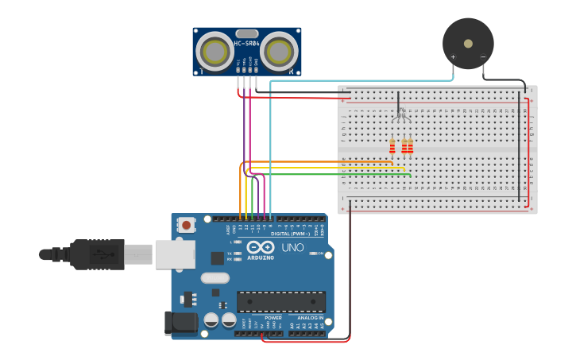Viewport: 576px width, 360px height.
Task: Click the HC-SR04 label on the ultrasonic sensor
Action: (246, 43)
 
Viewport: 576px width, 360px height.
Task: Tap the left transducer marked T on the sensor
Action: (215, 52)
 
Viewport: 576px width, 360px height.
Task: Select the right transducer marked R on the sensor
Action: (279, 52)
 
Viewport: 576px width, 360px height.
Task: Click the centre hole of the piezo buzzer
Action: (468, 43)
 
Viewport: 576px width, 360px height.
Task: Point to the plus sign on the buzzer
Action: (453, 57)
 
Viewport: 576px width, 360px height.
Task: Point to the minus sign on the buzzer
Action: (483, 57)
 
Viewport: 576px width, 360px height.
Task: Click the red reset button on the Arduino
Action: (186, 225)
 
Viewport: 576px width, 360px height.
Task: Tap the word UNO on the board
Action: (292, 247)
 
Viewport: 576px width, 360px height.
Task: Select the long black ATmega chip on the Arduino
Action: (280, 302)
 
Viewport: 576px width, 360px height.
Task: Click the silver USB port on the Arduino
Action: (175, 254)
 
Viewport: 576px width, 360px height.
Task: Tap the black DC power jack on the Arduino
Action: (180, 323)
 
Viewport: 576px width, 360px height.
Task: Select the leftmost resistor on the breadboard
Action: (392, 146)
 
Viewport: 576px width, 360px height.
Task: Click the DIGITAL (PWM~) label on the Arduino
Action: (291, 234)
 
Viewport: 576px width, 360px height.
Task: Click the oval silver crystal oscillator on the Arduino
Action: (215, 278)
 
